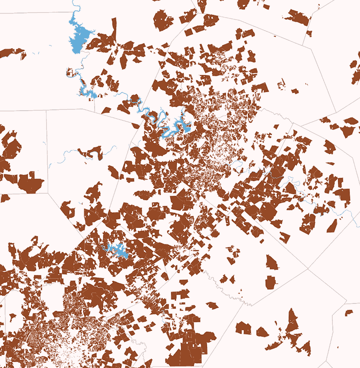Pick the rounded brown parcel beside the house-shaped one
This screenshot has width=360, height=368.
[x=262, y=332]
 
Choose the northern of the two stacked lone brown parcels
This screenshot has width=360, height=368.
[x=272, y=262]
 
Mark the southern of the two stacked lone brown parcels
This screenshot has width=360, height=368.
[x=271, y=282]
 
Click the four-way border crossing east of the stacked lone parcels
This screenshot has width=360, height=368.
[x=309, y=270]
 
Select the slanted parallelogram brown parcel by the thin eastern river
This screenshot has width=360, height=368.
[x=332, y=226]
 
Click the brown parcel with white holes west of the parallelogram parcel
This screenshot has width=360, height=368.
[x=308, y=223]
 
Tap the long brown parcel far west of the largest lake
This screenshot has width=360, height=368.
[x=10, y=53]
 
